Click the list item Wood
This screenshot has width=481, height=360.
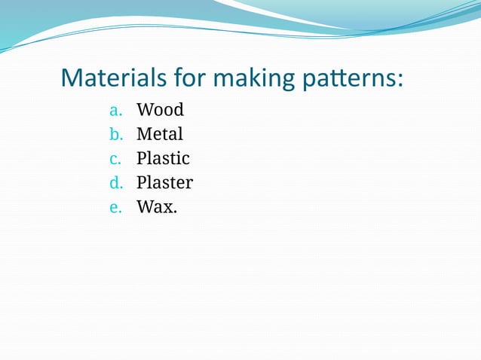pos(160,110)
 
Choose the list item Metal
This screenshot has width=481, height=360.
pos(160,134)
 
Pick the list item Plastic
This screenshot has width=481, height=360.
pos(163,159)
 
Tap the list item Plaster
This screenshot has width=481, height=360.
pos(164,183)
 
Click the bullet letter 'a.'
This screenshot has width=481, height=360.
pos(115,111)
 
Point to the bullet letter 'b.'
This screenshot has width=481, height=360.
pos(115,135)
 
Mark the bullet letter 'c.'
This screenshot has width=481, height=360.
pos(115,160)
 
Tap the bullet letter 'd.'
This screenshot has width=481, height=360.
pos(115,184)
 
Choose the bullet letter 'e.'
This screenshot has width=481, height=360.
pos(115,208)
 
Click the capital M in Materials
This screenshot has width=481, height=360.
pos(71,78)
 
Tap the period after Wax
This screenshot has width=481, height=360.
pos(176,212)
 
